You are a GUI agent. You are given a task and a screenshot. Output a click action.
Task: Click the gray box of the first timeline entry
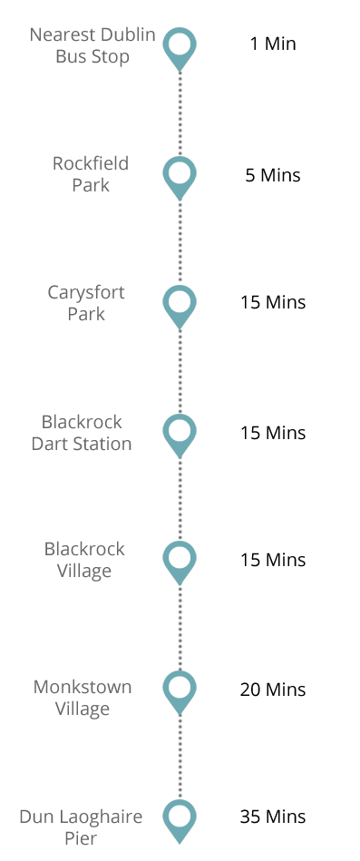(x=92, y=46)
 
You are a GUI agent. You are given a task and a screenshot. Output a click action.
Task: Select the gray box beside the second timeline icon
(x=91, y=173)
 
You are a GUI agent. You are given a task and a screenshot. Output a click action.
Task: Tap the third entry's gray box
(x=86, y=302)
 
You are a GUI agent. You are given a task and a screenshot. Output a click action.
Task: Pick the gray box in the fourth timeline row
(x=82, y=432)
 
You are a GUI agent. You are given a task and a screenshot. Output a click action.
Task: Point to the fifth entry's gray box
(x=85, y=561)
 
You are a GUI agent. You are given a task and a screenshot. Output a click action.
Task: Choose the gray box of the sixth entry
(x=83, y=699)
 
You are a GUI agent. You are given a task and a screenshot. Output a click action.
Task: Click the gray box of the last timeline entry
(x=81, y=827)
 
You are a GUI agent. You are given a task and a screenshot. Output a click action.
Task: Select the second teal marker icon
(x=180, y=178)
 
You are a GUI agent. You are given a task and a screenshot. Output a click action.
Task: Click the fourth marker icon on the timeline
(x=180, y=435)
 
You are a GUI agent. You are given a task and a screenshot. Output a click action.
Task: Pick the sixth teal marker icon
(x=180, y=692)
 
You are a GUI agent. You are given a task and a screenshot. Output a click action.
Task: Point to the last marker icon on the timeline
(x=180, y=821)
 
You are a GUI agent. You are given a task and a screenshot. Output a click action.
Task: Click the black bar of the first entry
(x=273, y=43)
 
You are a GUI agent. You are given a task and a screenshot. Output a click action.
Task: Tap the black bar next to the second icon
(x=273, y=175)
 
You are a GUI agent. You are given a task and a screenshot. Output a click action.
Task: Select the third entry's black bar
(x=273, y=302)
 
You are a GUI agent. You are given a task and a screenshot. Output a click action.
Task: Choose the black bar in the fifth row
(x=273, y=560)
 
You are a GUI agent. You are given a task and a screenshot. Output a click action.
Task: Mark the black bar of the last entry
(x=273, y=817)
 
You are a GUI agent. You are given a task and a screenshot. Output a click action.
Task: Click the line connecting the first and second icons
(x=180, y=113)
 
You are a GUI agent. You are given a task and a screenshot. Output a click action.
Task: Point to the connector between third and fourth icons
(x=180, y=372)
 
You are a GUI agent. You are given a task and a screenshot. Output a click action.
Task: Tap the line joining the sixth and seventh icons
(x=180, y=758)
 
